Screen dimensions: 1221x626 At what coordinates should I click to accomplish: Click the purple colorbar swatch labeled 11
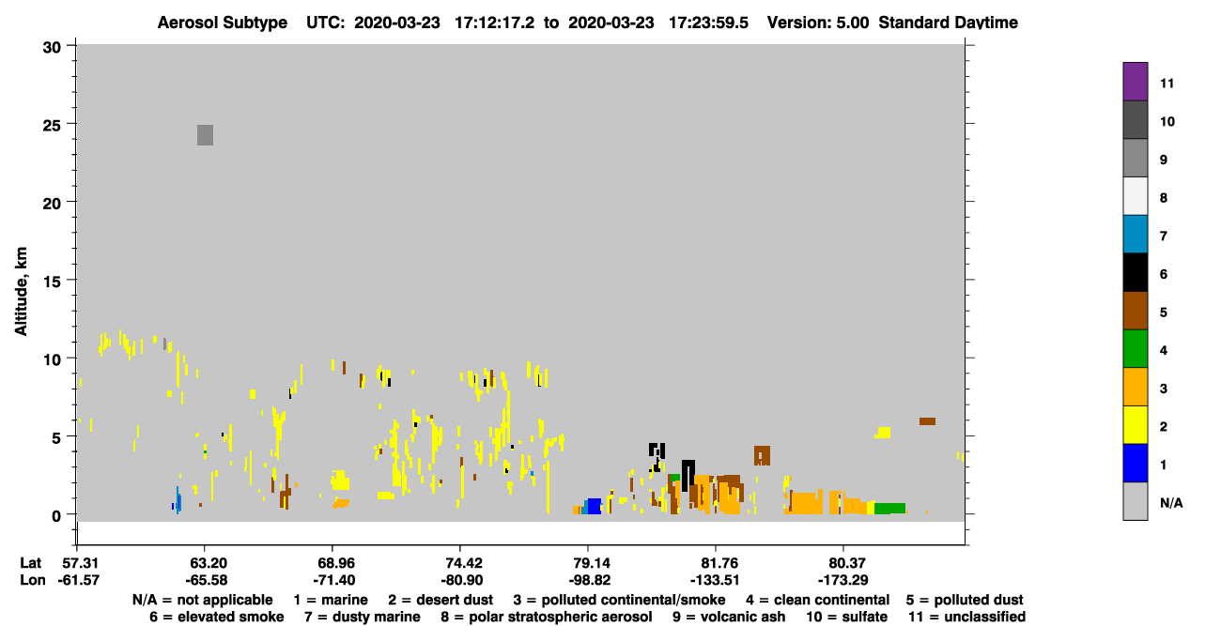click(1135, 82)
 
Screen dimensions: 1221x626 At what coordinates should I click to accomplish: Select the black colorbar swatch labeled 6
click(1135, 272)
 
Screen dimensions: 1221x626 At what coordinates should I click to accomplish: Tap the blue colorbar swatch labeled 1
click(1135, 463)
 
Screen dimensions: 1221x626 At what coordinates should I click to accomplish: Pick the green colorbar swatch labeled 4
click(1135, 349)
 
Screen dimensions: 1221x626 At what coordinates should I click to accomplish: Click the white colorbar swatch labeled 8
click(1135, 196)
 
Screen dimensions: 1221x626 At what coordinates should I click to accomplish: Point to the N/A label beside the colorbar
click(1171, 503)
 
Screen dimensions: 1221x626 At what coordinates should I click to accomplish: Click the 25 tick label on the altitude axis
click(52, 126)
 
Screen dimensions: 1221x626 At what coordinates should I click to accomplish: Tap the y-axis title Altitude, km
click(21, 291)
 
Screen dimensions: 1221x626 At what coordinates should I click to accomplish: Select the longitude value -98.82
click(589, 580)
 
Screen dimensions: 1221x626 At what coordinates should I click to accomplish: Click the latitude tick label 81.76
click(718, 563)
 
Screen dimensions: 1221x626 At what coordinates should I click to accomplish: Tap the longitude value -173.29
click(842, 580)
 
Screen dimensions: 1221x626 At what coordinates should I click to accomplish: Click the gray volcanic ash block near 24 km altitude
click(205, 135)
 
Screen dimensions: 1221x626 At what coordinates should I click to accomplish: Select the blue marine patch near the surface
click(595, 506)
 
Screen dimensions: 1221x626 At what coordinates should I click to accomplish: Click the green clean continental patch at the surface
click(889, 509)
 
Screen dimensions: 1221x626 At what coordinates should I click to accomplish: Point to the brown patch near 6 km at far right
click(927, 421)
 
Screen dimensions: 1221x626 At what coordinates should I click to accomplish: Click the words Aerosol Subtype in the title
click(223, 23)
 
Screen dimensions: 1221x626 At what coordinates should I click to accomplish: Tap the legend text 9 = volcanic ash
click(729, 617)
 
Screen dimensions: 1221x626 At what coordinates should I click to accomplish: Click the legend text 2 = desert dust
click(440, 600)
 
